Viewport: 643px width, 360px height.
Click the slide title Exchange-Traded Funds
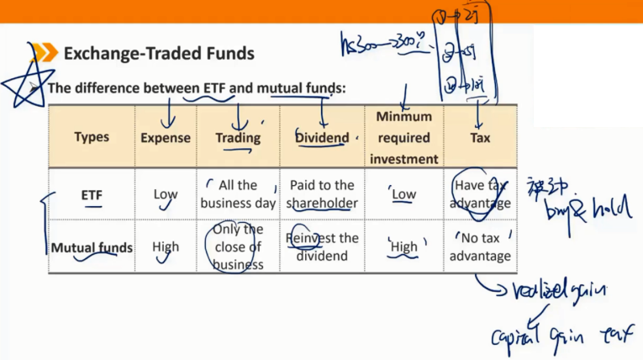tap(159, 55)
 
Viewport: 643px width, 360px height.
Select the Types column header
tap(92, 137)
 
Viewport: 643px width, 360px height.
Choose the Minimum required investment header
tap(403, 137)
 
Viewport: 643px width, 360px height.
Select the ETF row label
tap(92, 195)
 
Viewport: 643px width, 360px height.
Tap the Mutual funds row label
tap(92, 248)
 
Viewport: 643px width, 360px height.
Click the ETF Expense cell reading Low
tap(166, 195)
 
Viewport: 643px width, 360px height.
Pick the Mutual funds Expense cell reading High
tap(166, 248)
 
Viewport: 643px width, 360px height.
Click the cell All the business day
tap(238, 194)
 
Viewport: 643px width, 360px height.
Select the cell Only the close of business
tap(238, 246)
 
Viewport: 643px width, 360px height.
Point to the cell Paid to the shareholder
tap(321, 194)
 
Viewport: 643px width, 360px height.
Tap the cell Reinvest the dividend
tap(321, 247)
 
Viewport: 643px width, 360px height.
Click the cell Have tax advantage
tap(480, 194)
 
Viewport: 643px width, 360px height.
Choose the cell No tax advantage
tap(480, 247)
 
